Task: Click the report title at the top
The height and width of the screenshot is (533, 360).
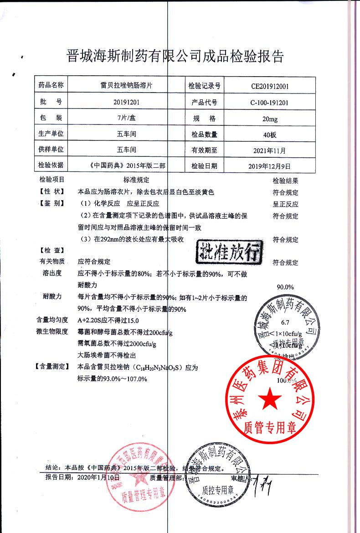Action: coord(175,56)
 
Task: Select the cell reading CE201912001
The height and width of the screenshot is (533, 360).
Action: coord(270,86)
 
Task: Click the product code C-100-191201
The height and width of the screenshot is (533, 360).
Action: coord(270,103)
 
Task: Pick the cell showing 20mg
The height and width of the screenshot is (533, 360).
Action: coord(270,119)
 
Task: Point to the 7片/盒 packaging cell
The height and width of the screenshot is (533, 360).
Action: coord(126,119)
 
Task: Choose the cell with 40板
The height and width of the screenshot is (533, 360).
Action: coord(270,135)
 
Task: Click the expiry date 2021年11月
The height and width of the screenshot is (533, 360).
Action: coord(270,150)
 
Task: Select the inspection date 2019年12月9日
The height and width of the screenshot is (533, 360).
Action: coord(270,166)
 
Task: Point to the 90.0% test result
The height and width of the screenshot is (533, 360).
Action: coord(285,287)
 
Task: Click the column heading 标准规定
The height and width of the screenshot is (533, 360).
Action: coord(136,180)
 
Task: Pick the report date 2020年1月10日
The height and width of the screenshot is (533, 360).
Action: coord(99,477)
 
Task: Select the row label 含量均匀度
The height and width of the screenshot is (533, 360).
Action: coord(52,320)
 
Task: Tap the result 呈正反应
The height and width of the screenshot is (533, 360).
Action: coord(285,204)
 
